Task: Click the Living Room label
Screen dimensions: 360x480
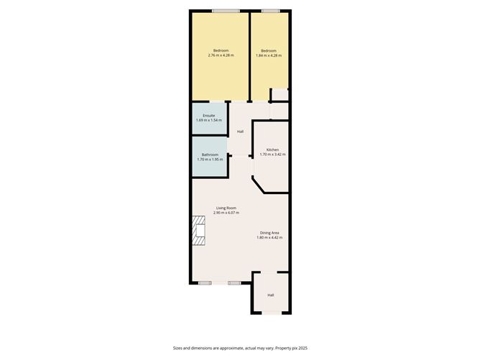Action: tap(227, 208)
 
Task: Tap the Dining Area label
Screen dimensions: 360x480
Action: tap(269, 232)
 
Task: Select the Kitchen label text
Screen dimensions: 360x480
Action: tap(272, 149)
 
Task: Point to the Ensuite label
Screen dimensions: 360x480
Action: tap(209, 115)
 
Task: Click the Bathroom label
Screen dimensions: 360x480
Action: tap(209, 154)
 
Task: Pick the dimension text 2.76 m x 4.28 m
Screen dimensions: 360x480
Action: tap(221, 55)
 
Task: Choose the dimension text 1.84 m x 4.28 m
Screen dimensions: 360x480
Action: tap(269, 55)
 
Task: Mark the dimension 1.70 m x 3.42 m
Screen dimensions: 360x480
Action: tap(272, 154)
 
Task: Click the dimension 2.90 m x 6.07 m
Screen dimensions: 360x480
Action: tap(227, 213)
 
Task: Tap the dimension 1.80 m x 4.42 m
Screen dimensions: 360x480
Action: tap(269, 237)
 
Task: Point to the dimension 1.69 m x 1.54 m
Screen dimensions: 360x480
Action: tap(209, 120)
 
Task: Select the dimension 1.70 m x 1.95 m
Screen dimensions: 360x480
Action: tap(209, 160)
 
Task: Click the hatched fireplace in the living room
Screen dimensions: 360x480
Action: tap(198, 232)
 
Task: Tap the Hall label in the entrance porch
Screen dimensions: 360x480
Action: tap(271, 295)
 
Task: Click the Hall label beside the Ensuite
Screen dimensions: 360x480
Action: tap(240, 131)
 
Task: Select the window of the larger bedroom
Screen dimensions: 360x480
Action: tap(226, 10)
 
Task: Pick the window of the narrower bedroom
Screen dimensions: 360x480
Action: tap(270, 10)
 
